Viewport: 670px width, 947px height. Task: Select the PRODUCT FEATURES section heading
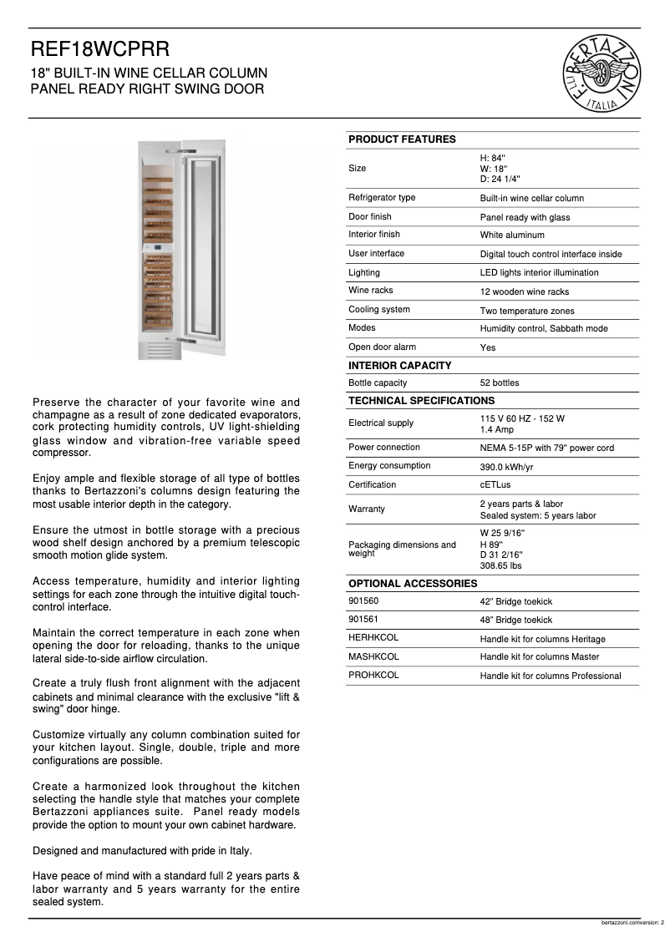pyautogui.click(x=402, y=139)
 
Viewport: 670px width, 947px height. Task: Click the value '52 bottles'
pyautogui.click(x=499, y=383)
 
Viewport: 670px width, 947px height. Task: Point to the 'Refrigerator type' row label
pyautogui.click(x=382, y=198)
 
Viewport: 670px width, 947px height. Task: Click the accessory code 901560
pyautogui.click(x=363, y=601)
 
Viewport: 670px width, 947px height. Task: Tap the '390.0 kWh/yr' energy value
pyautogui.click(x=506, y=467)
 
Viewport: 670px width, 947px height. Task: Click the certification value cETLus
pyautogui.click(x=496, y=485)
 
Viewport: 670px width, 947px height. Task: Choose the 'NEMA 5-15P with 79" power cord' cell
pyautogui.click(x=546, y=448)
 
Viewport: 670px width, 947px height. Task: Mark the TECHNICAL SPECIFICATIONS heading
pyautogui.click(x=421, y=401)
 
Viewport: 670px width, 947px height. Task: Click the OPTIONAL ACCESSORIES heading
pyautogui.click(x=413, y=584)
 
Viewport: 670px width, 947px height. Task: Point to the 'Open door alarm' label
pyautogui.click(x=382, y=347)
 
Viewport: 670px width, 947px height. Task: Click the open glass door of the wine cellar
pyautogui.click(x=201, y=242)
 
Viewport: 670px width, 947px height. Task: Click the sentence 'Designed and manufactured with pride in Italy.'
pyautogui.click(x=142, y=851)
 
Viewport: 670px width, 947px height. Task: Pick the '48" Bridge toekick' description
pyautogui.click(x=515, y=620)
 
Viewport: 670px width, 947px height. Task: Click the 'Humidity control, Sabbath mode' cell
pyautogui.click(x=543, y=329)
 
